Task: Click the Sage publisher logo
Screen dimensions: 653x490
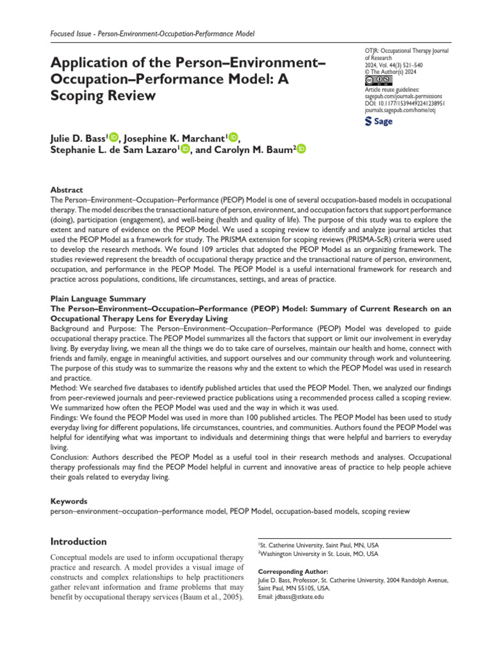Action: click(x=378, y=122)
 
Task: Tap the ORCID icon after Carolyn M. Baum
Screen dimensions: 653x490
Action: click(x=301, y=149)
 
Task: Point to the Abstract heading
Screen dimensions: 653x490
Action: click(x=66, y=190)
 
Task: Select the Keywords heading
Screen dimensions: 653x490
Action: click(x=68, y=502)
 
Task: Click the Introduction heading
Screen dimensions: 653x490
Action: click(x=78, y=541)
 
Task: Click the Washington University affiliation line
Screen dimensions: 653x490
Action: click(x=319, y=555)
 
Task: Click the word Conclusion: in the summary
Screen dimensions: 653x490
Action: click(x=72, y=457)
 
